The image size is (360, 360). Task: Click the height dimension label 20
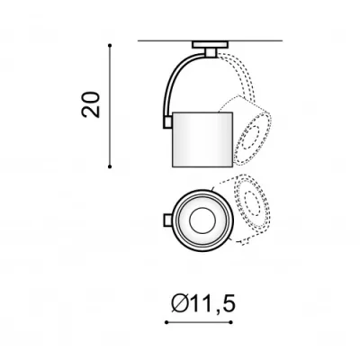point(90,104)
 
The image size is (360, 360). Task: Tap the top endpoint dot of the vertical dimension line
point(110,45)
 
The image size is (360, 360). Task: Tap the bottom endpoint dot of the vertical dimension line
point(110,166)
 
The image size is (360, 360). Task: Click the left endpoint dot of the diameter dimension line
point(166,322)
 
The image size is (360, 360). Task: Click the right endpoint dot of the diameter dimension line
point(231,322)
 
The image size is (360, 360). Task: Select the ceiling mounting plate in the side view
point(210,45)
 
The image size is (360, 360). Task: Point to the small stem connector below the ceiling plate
point(211,53)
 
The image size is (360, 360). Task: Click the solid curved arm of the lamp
point(174,81)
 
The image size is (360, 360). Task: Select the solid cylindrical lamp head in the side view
point(202,139)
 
